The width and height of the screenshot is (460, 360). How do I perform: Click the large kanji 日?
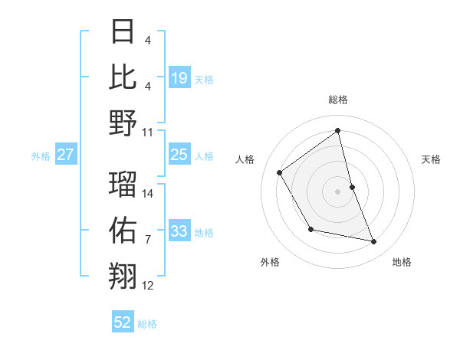123,32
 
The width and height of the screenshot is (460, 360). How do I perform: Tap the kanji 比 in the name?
123,77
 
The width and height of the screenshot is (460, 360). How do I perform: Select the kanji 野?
123,123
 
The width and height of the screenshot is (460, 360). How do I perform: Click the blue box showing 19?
179,77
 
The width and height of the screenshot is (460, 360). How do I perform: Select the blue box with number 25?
179,155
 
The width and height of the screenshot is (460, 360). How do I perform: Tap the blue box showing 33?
179,231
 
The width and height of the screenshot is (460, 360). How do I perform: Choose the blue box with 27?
65,155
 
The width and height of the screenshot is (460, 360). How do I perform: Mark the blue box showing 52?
123,322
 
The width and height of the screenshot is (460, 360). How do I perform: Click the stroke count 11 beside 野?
148,132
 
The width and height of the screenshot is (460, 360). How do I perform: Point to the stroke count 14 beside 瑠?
148,194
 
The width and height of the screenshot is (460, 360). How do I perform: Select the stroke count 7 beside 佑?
147,240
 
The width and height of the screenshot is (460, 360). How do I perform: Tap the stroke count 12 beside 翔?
148,286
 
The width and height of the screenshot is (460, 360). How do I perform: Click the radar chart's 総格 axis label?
337,100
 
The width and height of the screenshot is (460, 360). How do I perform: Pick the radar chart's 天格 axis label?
431,159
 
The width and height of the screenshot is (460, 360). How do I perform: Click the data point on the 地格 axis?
374,242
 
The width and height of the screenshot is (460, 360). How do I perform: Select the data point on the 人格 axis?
280,172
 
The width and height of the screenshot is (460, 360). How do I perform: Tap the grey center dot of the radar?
337,191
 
